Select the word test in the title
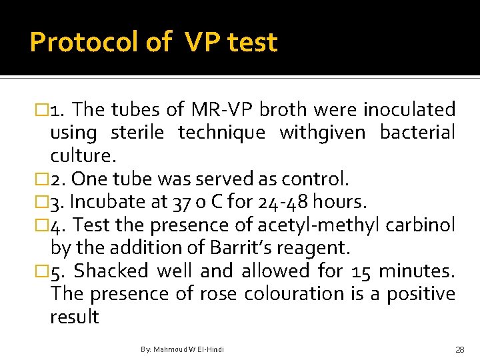[x=252, y=43]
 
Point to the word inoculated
[x=413, y=109]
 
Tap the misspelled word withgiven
[x=322, y=133]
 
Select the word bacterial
[x=417, y=133]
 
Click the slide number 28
[x=459, y=349]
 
